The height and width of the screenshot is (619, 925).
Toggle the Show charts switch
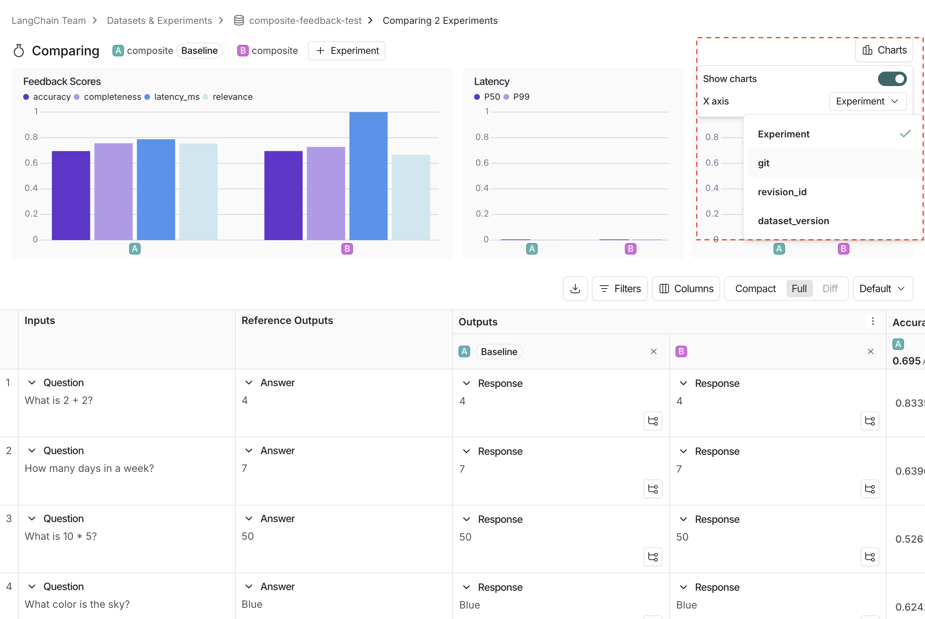(892, 79)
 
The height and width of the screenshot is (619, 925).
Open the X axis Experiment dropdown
(868, 102)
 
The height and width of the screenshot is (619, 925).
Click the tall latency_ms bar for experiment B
(368, 176)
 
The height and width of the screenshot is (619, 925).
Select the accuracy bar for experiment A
(71, 195)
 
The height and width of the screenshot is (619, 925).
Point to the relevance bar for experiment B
(410, 197)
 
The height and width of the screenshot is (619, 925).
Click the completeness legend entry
(112, 97)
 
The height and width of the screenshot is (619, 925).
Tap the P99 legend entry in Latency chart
(521, 97)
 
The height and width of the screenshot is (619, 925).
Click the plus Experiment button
(347, 51)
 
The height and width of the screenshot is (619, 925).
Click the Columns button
(686, 289)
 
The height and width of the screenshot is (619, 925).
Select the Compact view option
(755, 289)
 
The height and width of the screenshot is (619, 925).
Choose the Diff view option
(830, 289)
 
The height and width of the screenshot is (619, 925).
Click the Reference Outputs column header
(287, 321)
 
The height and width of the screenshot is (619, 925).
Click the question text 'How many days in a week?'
(89, 468)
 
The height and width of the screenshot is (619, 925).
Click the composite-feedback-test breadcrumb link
(305, 21)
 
